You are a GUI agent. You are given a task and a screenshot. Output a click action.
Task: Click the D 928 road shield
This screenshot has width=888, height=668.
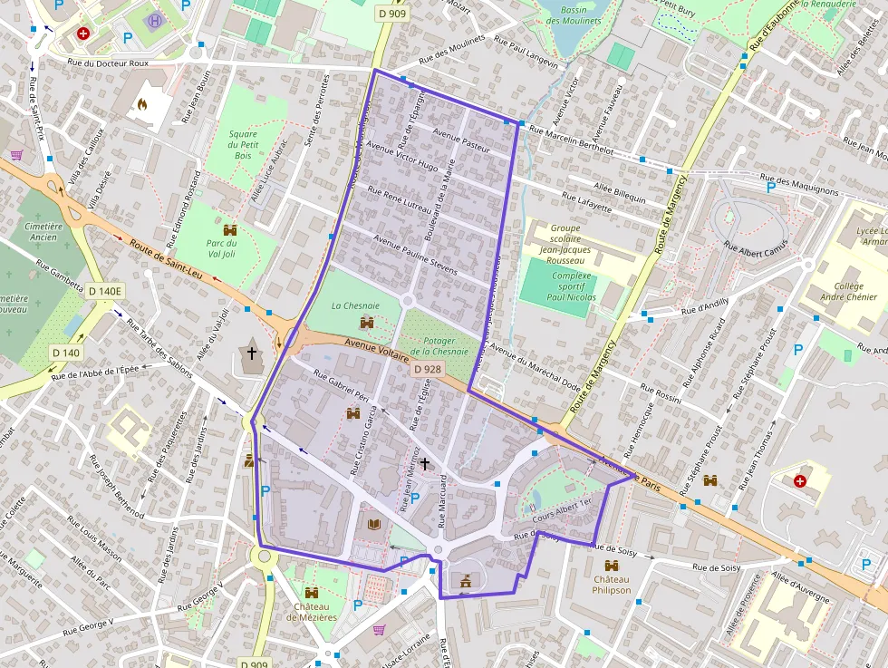[428, 370]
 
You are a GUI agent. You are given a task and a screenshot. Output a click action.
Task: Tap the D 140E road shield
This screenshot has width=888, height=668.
[105, 291]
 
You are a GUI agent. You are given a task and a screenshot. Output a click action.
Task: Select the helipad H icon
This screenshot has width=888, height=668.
[155, 19]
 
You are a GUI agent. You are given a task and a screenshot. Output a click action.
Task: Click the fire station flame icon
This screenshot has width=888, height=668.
[141, 104]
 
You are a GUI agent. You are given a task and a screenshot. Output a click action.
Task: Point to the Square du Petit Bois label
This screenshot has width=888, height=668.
[243, 145]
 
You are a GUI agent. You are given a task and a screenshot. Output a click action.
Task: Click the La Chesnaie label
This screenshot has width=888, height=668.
[355, 306]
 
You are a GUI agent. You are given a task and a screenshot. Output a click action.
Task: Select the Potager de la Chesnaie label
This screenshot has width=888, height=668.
[439, 345]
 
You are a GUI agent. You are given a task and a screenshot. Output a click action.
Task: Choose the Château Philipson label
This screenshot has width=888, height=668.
[612, 584]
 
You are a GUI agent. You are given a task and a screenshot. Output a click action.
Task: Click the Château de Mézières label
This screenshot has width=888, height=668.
[312, 612]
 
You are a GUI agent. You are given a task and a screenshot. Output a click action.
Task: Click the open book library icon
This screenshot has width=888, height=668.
[374, 523]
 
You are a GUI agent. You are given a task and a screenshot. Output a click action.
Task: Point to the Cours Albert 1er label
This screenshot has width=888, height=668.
[562, 508]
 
